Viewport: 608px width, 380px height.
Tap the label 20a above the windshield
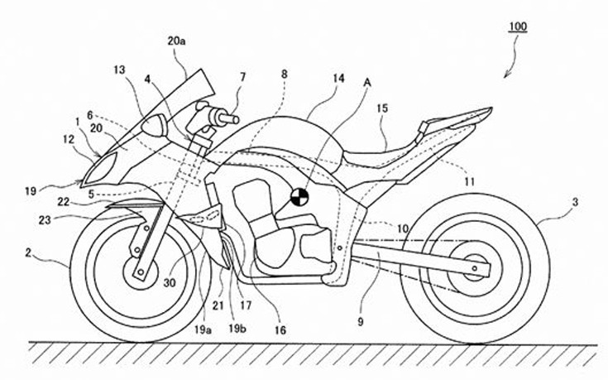(176, 40)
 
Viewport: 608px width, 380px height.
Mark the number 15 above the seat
(381, 109)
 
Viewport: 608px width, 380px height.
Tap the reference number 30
(170, 282)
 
